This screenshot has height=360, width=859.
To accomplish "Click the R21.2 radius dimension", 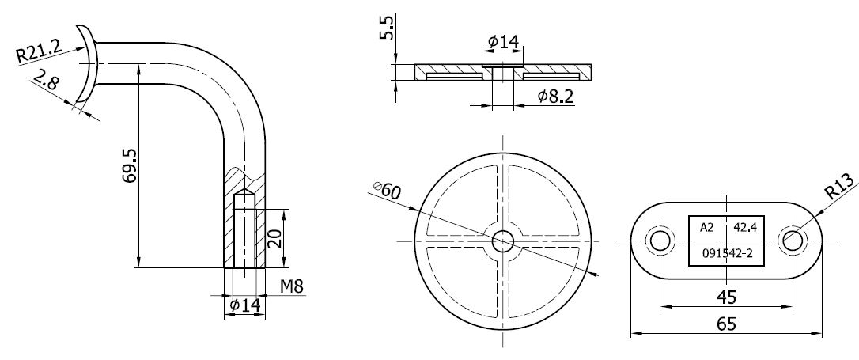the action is coord(39,50).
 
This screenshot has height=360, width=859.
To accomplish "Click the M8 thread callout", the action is coord(291,286).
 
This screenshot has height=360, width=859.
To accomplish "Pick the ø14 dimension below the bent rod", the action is coord(245,305).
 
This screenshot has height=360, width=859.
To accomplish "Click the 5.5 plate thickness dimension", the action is coord(387,28).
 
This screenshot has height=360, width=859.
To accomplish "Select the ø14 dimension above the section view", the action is coord(503,41).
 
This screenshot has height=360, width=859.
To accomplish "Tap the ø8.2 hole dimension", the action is coord(555,97).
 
